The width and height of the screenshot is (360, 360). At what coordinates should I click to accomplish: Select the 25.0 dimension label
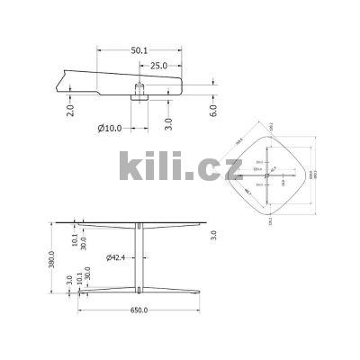(x=159, y=66)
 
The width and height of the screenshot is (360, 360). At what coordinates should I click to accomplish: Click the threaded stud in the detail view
(x=141, y=89)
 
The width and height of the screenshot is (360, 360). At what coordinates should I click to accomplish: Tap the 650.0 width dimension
(x=139, y=311)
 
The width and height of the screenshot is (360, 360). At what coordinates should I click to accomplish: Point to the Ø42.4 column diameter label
(x=116, y=258)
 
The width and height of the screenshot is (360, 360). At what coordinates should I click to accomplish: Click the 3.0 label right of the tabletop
(x=213, y=235)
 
